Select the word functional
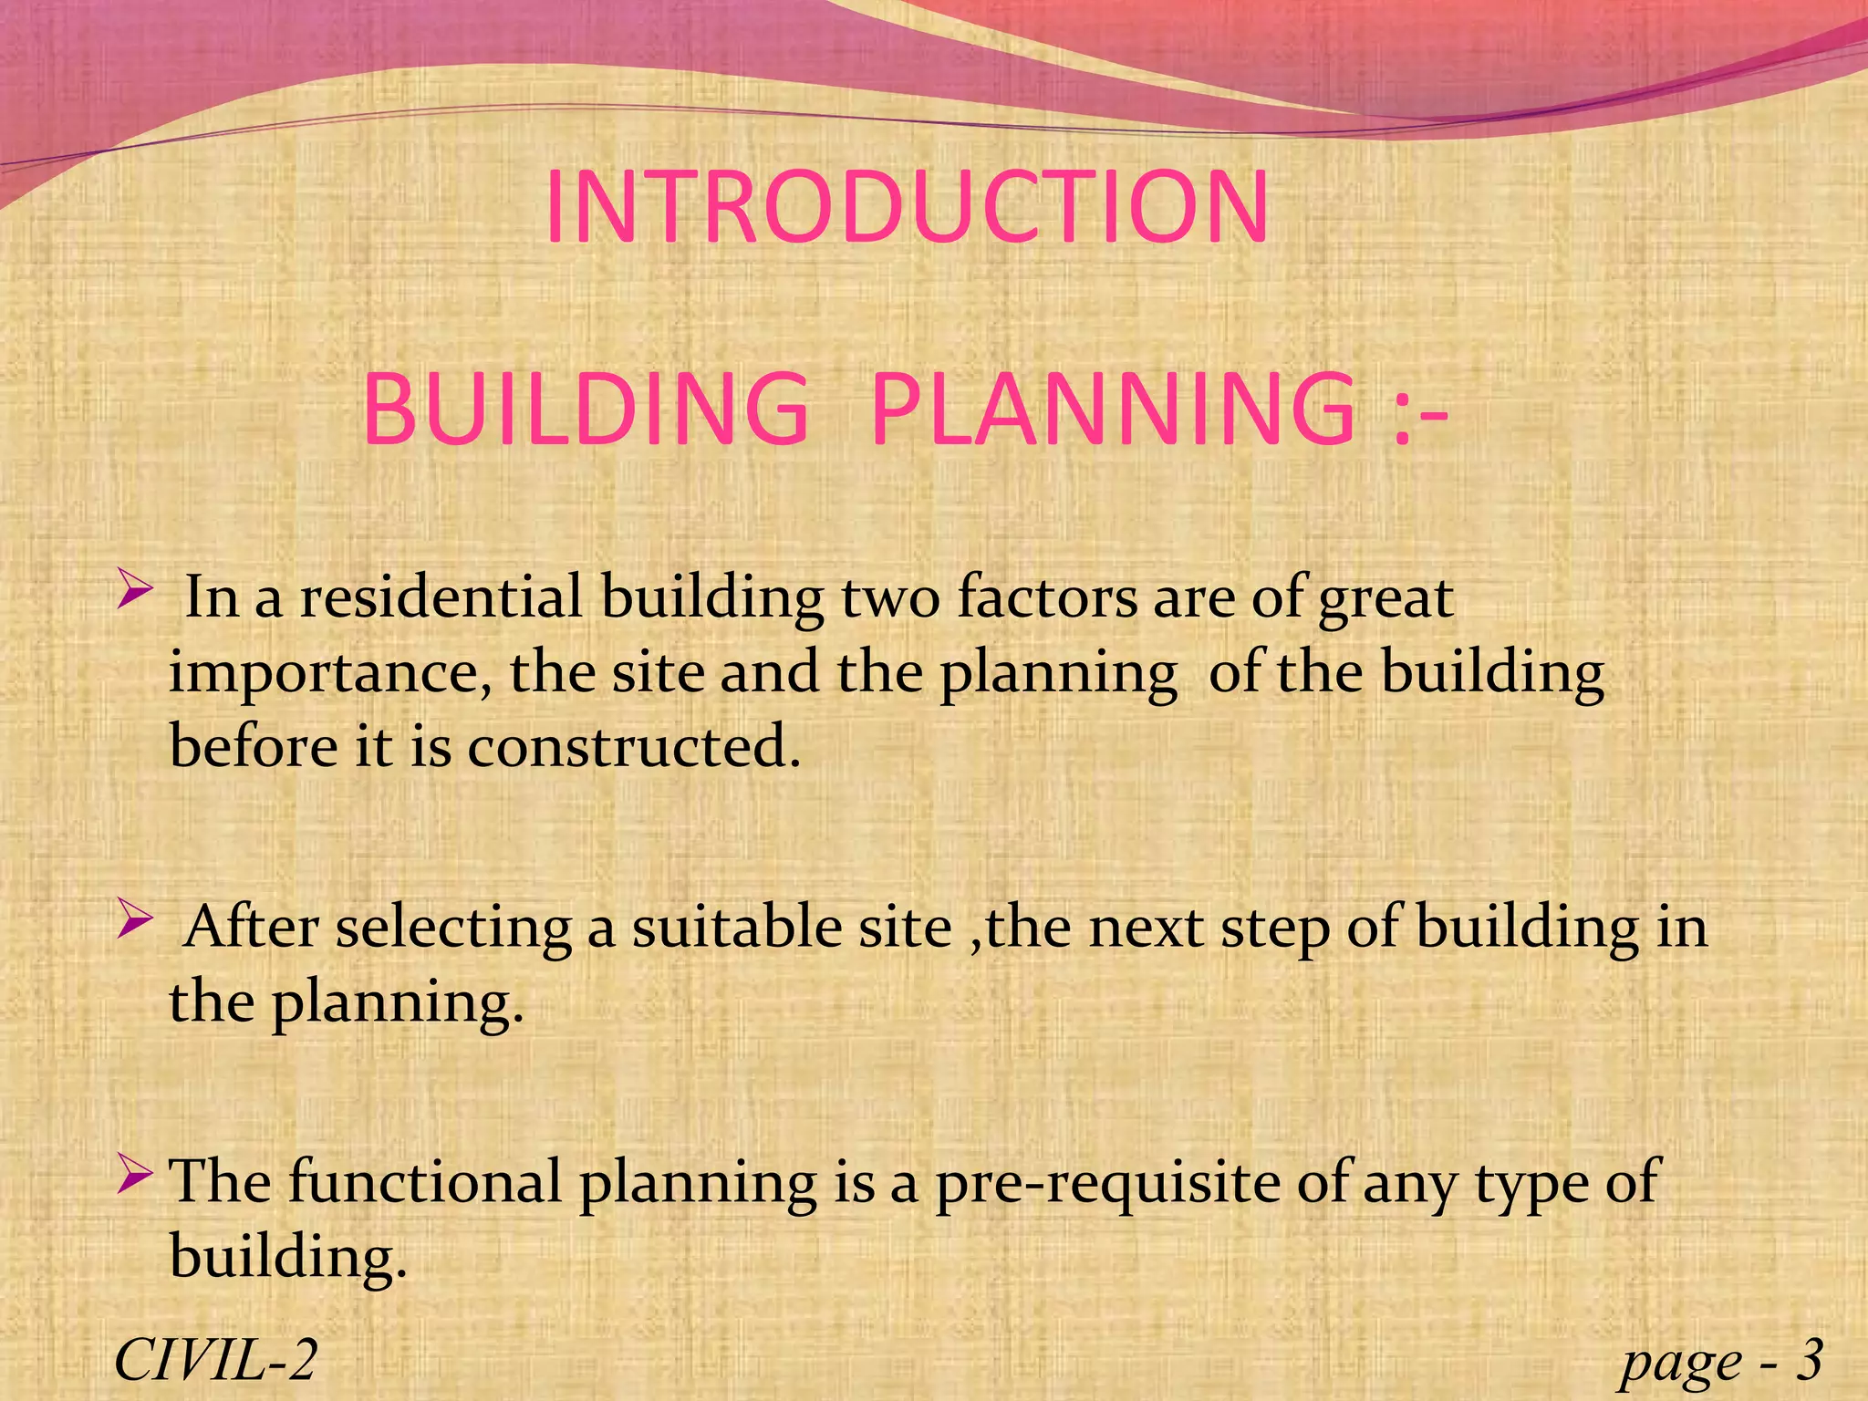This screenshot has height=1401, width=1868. pos(425,1183)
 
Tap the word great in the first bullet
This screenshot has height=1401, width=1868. pos(1385,600)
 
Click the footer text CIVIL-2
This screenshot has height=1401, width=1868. pos(215,1360)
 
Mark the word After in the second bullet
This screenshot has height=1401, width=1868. pos(251,928)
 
